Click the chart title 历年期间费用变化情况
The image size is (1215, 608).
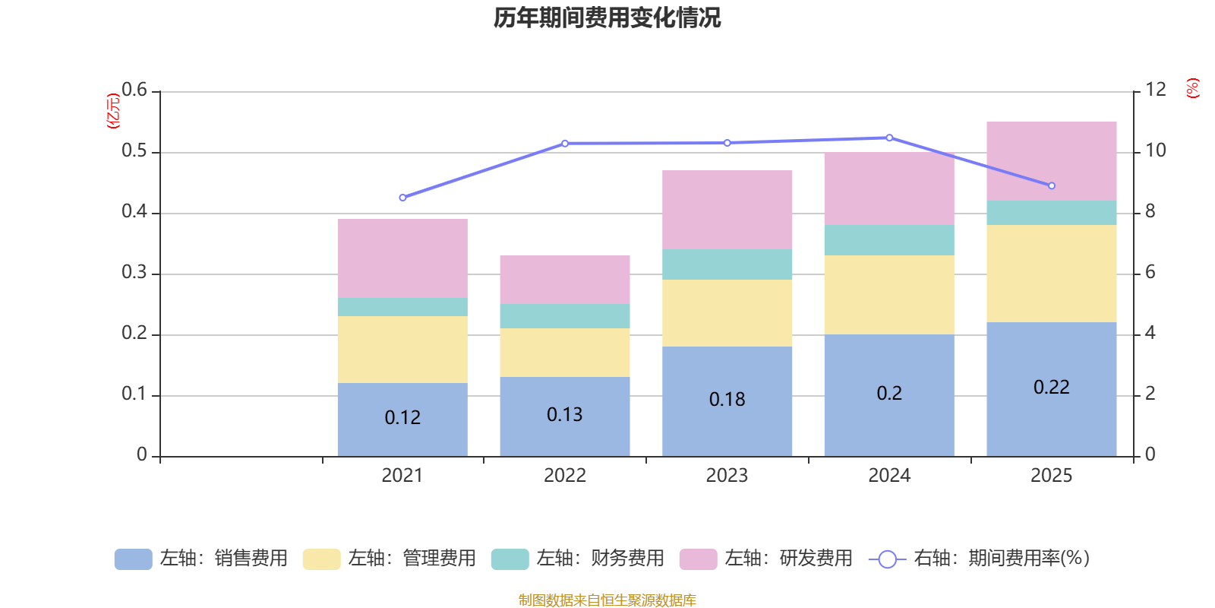(607, 17)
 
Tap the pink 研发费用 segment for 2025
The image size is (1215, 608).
(1051, 160)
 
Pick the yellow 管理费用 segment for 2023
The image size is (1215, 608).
(727, 313)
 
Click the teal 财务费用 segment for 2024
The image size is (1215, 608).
(888, 240)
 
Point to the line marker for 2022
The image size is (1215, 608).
(565, 143)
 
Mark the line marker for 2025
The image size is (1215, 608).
(1052, 185)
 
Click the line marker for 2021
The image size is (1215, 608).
(402, 198)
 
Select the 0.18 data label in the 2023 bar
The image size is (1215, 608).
(727, 400)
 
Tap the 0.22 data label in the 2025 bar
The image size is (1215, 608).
(1051, 388)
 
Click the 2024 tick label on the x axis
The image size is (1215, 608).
(888, 476)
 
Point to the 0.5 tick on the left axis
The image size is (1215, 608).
(134, 151)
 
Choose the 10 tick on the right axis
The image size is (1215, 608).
(1155, 151)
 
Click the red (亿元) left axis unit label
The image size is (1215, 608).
(113, 111)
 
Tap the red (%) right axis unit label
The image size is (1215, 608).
(1192, 88)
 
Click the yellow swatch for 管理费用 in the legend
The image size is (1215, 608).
(321, 559)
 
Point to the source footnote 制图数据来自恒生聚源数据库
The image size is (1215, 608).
(607, 600)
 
